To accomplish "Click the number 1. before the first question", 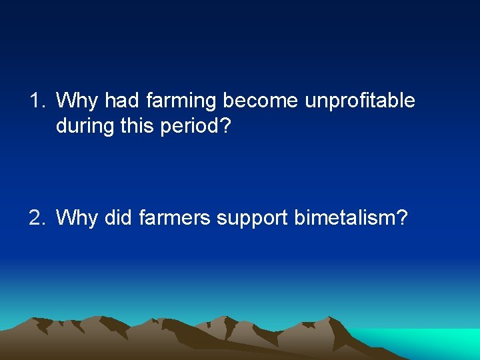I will (37, 101).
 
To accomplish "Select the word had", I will (121, 101).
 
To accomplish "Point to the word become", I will (261, 101).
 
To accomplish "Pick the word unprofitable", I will (360, 101).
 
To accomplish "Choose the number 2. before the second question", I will (37, 217).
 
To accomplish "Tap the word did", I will (119, 217).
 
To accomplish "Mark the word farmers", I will (175, 217).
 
